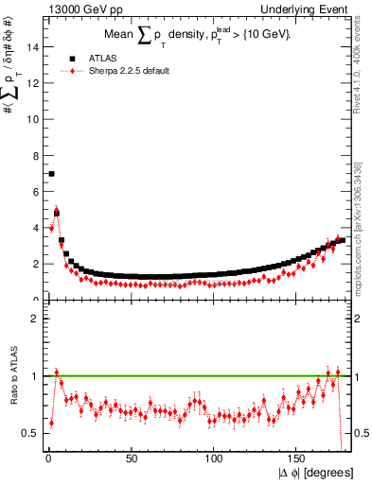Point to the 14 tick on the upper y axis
click(x=37, y=45)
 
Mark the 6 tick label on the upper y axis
click(x=37, y=191)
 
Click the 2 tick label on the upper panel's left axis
click(x=37, y=264)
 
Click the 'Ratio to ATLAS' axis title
click(x=11, y=374)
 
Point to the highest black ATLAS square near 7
click(x=51, y=174)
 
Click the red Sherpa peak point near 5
click(x=56, y=212)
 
